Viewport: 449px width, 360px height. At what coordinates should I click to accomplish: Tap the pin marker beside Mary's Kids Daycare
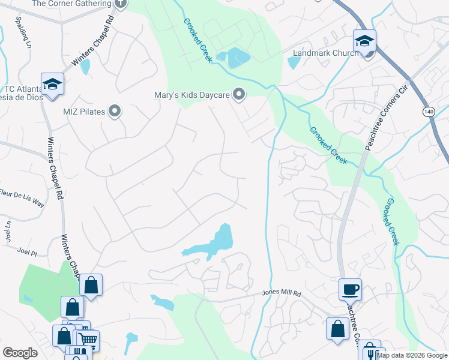[239, 94]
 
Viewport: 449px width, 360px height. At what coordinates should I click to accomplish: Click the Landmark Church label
[325, 53]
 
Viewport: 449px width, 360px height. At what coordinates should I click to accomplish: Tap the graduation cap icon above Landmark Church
[364, 41]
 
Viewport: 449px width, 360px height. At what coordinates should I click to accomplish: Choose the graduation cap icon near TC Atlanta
[52, 84]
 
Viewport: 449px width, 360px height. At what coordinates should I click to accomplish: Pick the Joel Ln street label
[8, 229]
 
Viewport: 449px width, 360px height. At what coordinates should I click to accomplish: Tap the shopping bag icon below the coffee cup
[337, 329]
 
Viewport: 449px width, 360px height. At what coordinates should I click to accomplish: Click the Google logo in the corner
[20, 353]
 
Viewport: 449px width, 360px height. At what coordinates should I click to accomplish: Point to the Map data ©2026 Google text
[412, 355]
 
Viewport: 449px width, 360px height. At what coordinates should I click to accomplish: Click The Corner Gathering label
[71, 4]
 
